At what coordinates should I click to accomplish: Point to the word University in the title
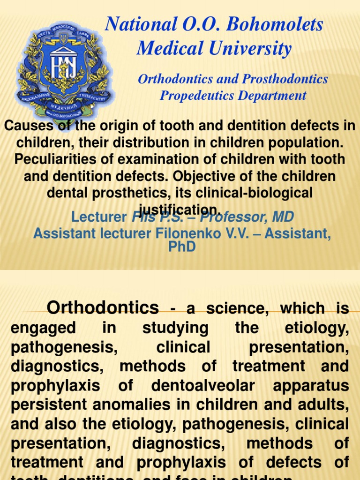click(x=251, y=48)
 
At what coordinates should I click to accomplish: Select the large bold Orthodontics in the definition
click(x=103, y=307)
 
